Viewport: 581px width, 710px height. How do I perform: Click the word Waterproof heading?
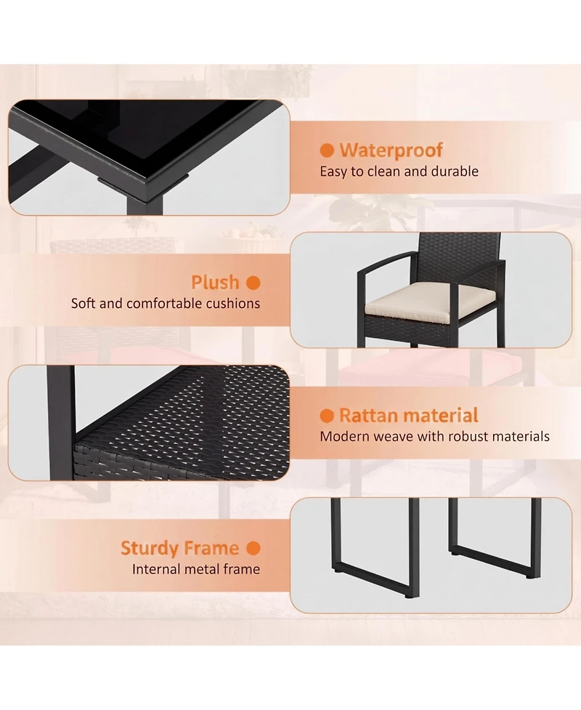click(x=391, y=150)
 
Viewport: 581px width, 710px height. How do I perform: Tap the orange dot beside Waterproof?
click(x=327, y=150)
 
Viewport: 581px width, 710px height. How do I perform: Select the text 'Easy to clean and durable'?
click(x=399, y=172)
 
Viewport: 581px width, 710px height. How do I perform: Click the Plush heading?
click(x=216, y=283)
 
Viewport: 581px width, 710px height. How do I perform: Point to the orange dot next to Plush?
click(x=253, y=283)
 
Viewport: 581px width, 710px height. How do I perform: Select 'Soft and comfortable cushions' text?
click(x=166, y=303)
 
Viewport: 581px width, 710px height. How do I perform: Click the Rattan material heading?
click(x=409, y=415)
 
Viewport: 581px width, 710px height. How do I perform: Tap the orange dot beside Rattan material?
click(x=327, y=416)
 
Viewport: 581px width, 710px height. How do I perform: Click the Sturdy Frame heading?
click(x=179, y=549)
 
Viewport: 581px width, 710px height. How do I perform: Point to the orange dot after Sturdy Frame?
click(x=253, y=549)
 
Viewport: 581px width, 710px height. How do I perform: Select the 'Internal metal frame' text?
click(x=196, y=569)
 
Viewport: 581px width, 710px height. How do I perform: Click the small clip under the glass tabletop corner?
click(x=142, y=179)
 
